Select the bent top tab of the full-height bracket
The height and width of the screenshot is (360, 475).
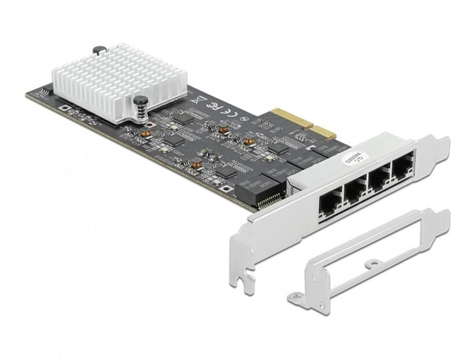point(442,146)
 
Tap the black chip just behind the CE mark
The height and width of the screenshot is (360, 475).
point(183,118)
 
